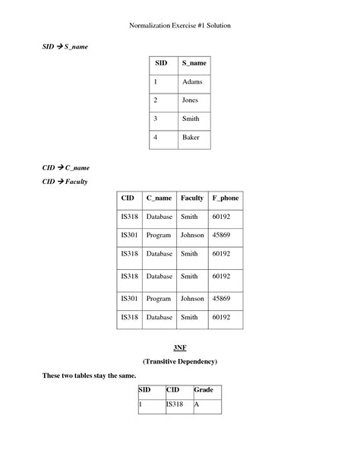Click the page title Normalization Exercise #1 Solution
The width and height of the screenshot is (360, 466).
tap(180, 25)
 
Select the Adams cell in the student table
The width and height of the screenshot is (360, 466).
tap(191, 82)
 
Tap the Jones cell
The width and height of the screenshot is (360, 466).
tap(190, 100)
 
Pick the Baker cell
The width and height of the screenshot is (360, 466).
tap(190, 138)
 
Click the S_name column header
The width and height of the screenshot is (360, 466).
tap(194, 63)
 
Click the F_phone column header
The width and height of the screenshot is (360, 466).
tap(226, 198)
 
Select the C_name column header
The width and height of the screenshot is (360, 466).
tap(159, 198)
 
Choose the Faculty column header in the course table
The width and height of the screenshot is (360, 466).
tap(192, 198)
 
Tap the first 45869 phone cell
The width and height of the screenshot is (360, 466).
tap(221, 235)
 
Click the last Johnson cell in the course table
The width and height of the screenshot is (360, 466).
tap(192, 299)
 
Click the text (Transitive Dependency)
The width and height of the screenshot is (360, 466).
tap(180, 361)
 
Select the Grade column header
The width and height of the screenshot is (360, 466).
tap(204, 390)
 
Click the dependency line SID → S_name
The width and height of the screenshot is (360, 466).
tap(65, 47)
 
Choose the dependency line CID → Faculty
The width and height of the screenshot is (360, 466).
tap(65, 182)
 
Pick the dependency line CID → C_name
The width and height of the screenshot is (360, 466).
tap(66, 167)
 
